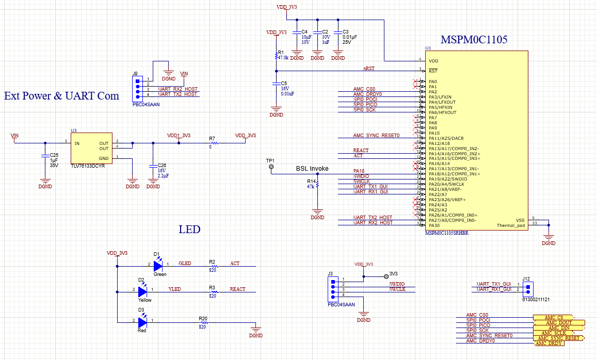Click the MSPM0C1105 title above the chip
474,40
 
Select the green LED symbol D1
158,265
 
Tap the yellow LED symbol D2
143,291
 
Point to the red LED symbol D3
143,321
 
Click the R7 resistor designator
212,139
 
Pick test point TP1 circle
271,167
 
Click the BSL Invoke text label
312,169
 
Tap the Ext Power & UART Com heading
61,96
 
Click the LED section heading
189,230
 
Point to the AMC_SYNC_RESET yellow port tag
557,338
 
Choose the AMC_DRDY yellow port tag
548,343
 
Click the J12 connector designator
526,279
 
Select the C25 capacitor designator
54,155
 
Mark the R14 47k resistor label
311,185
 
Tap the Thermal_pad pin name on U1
510,225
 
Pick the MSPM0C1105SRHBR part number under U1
446,233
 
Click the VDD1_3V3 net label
179,136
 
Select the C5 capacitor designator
284,83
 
